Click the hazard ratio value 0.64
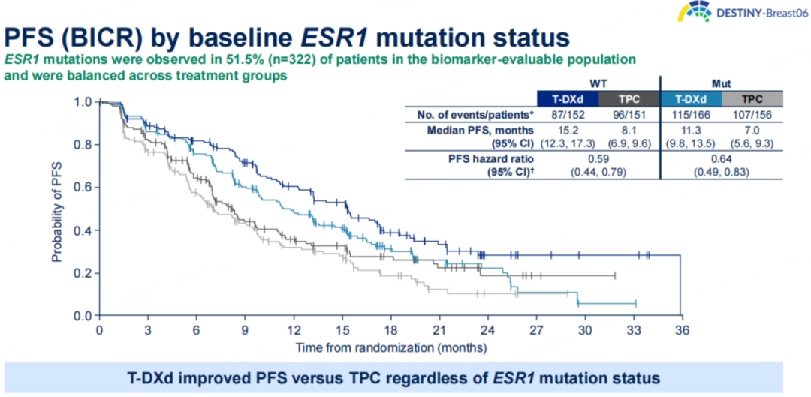722,158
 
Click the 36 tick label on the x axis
680,329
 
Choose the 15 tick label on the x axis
342,329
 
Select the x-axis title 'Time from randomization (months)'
390,347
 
